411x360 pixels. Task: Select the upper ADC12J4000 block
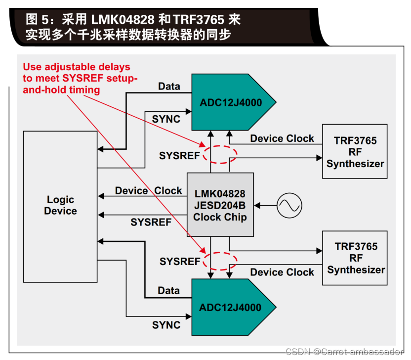coord(229,103)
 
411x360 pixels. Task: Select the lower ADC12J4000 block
coord(229,308)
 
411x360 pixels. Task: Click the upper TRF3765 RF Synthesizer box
coord(355,152)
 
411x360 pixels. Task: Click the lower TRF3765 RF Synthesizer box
coord(355,258)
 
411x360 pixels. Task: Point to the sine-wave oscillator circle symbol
coord(289,205)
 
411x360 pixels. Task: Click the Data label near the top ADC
coord(169,87)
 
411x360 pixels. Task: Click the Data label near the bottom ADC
coord(169,291)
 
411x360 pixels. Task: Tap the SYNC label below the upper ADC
coord(166,119)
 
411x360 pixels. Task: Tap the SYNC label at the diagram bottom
coord(166,325)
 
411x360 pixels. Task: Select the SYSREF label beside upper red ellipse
coord(179,155)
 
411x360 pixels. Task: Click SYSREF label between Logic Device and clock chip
coord(151,223)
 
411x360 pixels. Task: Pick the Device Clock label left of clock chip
coord(148,191)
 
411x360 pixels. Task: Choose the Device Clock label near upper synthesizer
coord(282,139)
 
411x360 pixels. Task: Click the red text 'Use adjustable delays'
coord(77,67)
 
